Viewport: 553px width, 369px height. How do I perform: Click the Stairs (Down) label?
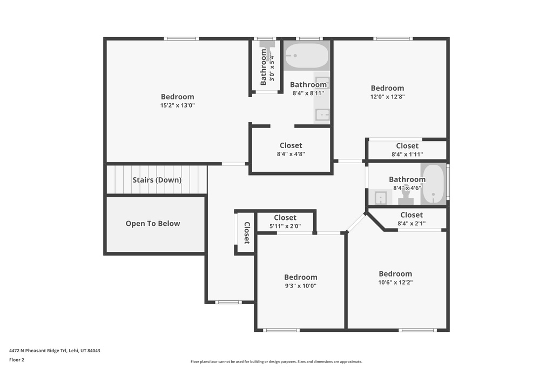tap(157, 180)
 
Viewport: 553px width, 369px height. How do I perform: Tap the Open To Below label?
tap(153, 224)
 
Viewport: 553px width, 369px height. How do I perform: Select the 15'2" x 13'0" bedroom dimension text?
tap(177, 106)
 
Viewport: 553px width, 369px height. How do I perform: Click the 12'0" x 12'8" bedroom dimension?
tap(387, 97)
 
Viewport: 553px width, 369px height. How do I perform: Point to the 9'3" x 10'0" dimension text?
tap(301, 286)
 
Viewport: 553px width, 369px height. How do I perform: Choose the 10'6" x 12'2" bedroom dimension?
tap(395, 283)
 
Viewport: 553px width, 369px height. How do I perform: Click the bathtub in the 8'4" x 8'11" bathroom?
tap(306, 56)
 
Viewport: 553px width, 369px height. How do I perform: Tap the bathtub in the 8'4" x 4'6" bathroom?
tap(433, 184)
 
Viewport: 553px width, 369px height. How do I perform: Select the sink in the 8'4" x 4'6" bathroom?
tap(381, 198)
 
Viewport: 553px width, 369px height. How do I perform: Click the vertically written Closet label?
tap(247, 233)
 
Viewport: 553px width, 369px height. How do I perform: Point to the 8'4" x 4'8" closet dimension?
tap(291, 154)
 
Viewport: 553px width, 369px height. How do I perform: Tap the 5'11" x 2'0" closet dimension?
tap(285, 227)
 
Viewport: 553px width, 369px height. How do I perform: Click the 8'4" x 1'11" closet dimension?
tap(407, 155)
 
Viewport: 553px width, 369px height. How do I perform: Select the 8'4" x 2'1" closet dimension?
tap(411, 224)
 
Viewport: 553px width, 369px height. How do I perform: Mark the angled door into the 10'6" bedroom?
tap(356, 222)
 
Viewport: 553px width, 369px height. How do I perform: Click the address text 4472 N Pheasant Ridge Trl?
tap(55, 351)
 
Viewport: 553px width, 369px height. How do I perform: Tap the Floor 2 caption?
tap(17, 360)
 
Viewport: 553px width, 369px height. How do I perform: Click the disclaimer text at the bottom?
tap(276, 362)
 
